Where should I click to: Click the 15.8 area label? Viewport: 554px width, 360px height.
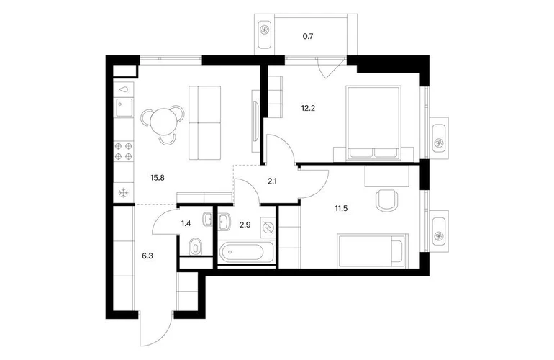[x=158, y=178]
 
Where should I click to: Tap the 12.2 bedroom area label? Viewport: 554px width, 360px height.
[x=308, y=108]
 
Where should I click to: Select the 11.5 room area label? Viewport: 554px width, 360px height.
[x=341, y=208]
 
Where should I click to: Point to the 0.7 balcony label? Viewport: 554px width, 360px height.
[x=308, y=36]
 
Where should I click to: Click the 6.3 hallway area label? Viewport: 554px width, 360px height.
[x=147, y=256]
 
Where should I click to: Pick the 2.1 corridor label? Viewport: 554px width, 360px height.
[x=272, y=181]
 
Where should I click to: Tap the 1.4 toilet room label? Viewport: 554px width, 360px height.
[x=186, y=223]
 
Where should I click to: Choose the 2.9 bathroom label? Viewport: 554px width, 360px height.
[x=245, y=225]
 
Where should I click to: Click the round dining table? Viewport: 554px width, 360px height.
[x=163, y=120]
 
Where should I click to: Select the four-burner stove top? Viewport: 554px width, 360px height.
[x=123, y=151]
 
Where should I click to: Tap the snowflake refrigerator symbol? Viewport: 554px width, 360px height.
[x=123, y=193]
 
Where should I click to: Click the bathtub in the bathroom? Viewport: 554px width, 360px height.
[x=242, y=253]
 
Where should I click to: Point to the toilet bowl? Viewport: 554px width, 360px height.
[x=195, y=246]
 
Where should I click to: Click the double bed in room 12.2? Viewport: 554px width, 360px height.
[x=374, y=122]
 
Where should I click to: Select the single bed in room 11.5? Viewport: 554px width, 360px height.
[x=373, y=251]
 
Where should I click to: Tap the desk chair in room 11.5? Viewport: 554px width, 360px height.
[x=387, y=200]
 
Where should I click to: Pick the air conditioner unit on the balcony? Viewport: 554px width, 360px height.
[x=264, y=31]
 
